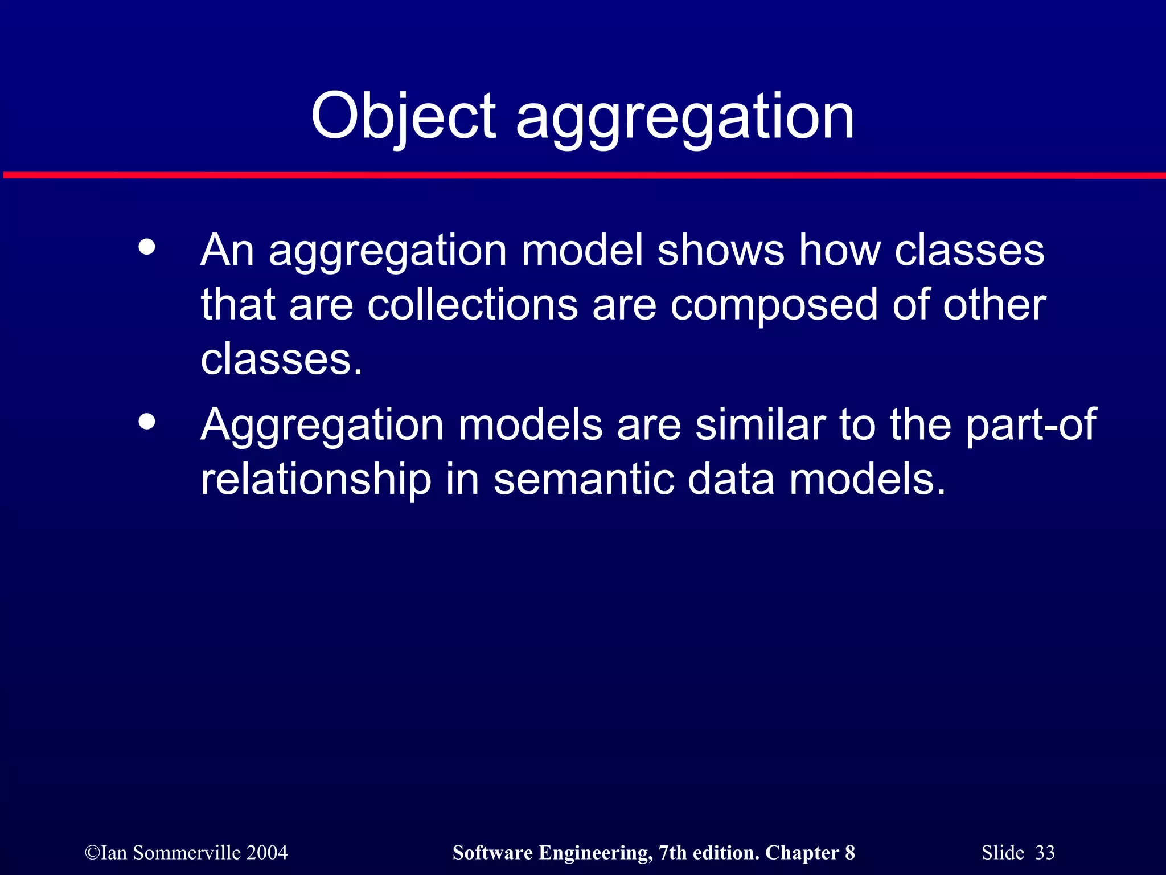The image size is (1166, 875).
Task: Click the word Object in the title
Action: [403, 117]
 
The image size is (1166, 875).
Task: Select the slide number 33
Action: [1045, 853]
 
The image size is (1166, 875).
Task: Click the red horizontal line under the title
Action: [583, 175]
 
